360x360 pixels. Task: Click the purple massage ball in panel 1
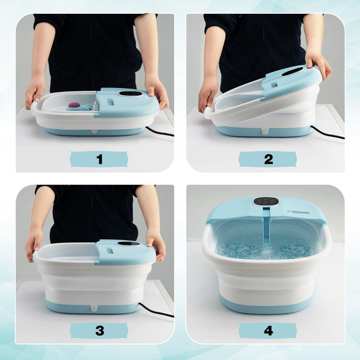coord(74,105)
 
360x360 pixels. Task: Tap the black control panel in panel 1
coord(130,94)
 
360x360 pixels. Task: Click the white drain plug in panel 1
coord(94,132)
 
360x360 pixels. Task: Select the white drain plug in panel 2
coord(265,132)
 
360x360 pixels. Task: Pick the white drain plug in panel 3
coord(94,308)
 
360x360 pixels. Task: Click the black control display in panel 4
coord(266,201)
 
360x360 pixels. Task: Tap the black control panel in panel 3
coord(128,243)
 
